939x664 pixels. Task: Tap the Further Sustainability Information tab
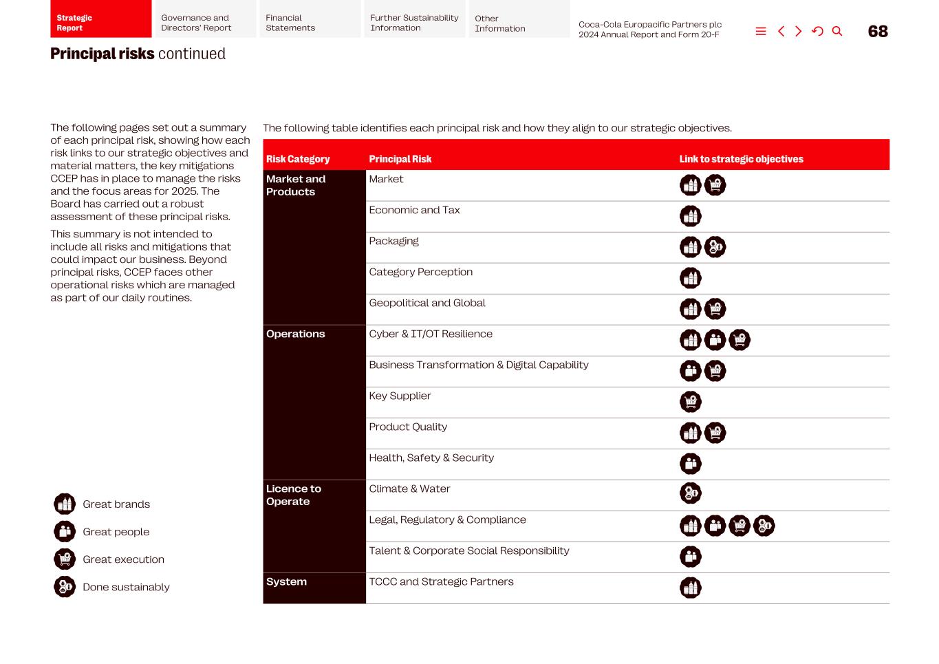pos(414,23)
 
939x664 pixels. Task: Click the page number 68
pos(878,32)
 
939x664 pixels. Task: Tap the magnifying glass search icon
pos(837,32)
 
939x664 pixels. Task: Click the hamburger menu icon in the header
pos(761,32)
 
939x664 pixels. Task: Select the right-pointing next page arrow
pos(799,32)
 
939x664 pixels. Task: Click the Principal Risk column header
pos(400,159)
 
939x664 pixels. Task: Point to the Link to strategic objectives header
pos(741,159)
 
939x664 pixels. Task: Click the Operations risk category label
pos(296,334)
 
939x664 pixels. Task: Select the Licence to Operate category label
pos(294,495)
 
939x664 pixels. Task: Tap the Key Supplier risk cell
pos(400,396)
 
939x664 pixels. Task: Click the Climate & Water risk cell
pos(409,489)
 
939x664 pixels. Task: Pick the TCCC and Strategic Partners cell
pos(441,581)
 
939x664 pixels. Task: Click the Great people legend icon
pos(65,531)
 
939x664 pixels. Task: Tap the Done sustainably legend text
pos(126,587)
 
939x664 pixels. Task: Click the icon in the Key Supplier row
pos(691,401)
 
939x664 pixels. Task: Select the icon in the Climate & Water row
pos(691,493)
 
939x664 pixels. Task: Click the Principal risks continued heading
pos(138,54)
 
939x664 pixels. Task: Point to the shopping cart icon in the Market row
pos(715,185)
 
